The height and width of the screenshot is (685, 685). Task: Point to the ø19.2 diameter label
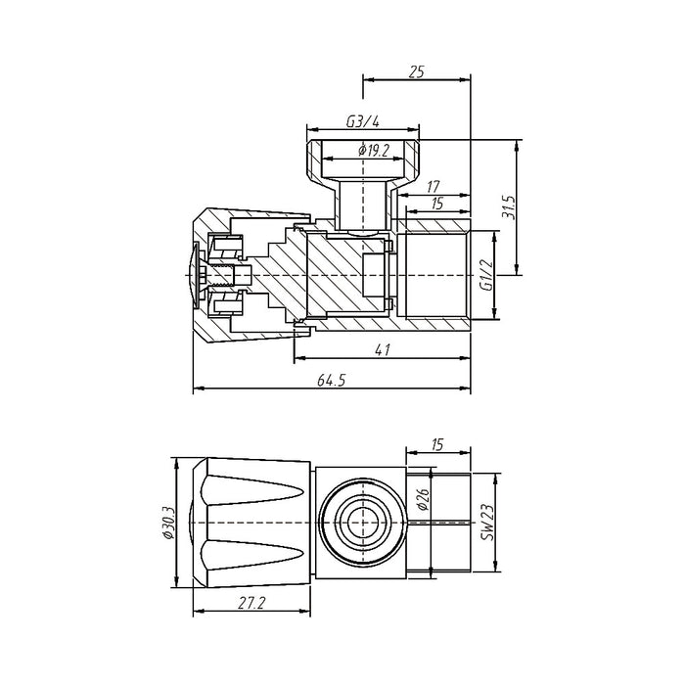[375, 150]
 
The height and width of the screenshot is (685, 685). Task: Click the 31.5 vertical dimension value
[506, 205]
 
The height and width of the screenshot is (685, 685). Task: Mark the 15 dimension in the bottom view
[436, 444]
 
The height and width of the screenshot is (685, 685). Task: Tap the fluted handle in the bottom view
[252, 525]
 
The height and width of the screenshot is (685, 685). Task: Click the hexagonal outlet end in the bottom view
[445, 525]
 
